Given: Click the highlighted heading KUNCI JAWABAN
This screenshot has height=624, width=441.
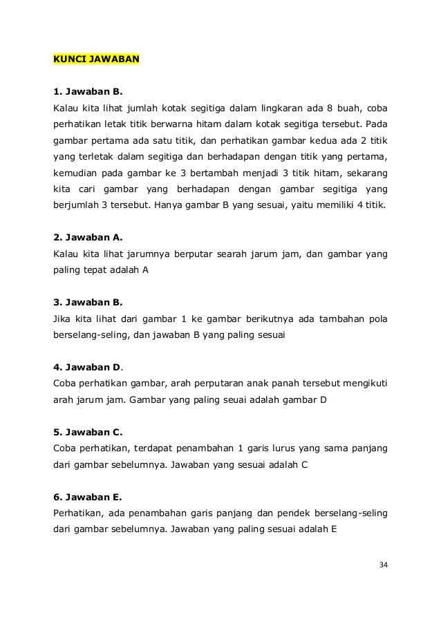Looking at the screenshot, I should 97,59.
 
